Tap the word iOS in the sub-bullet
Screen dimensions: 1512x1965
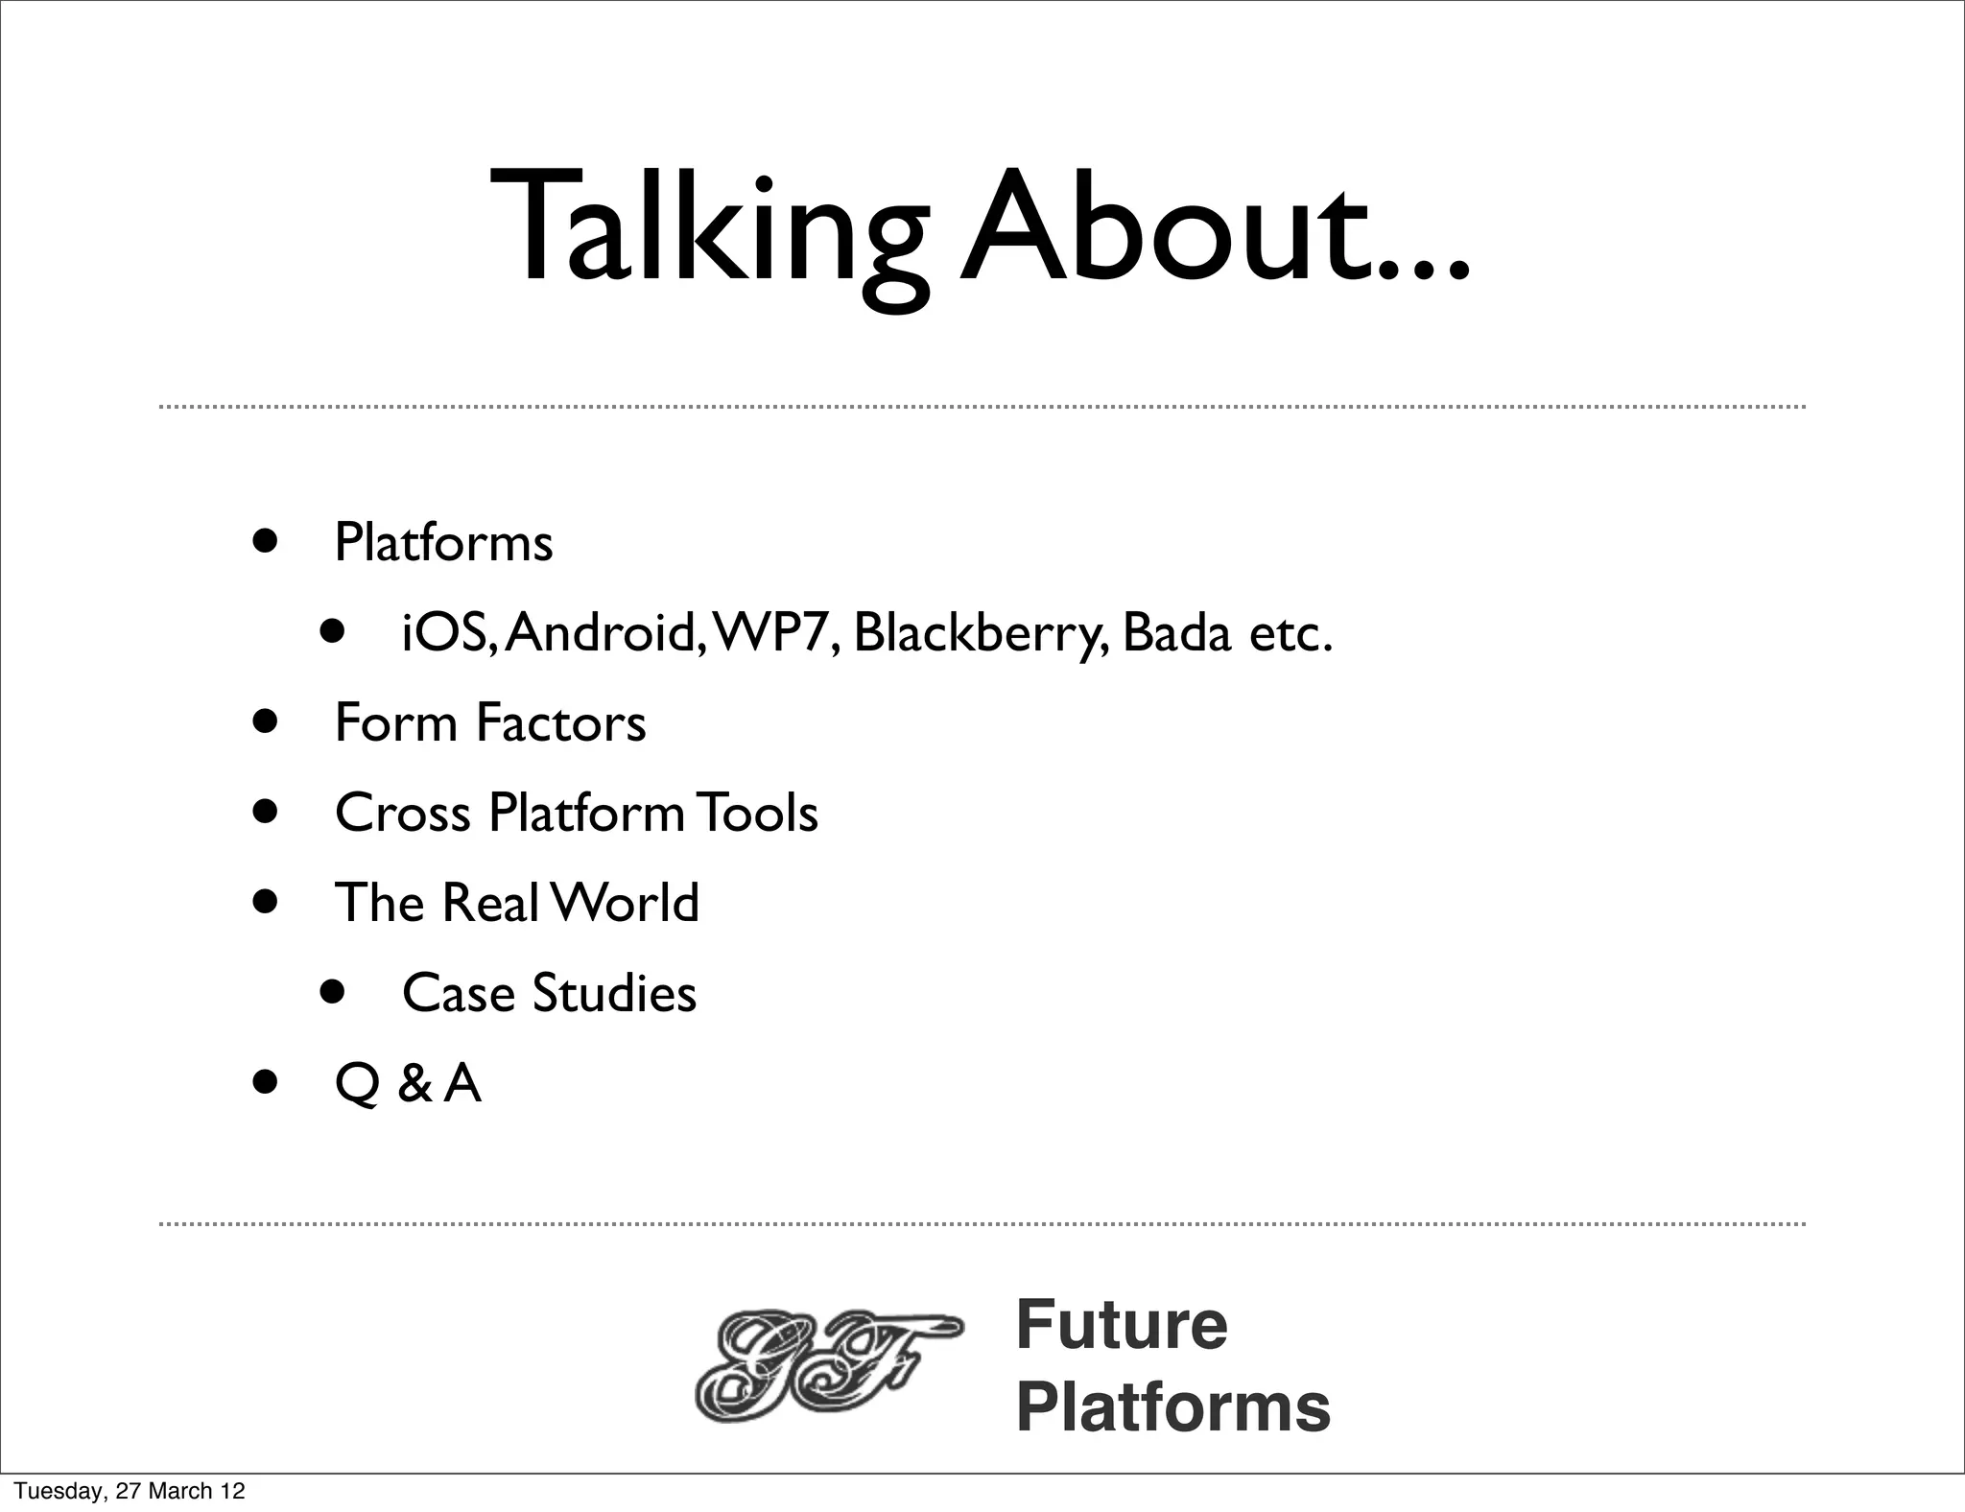[x=446, y=633]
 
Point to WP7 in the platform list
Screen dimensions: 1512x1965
[x=772, y=633]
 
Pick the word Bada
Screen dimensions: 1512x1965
[x=1176, y=633]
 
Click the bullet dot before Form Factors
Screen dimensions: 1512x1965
[x=266, y=721]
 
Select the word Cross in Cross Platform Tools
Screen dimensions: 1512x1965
[x=402, y=813]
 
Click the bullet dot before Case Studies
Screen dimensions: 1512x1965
[x=332, y=991]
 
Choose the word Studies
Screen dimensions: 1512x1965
[x=614, y=993]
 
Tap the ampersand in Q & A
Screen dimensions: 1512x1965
[x=414, y=1084]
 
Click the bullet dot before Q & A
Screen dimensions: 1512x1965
[x=266, y=1083]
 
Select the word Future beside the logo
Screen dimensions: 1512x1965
[x=1121, y=1325]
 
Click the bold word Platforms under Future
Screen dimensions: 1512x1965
[x=1172, y=1407]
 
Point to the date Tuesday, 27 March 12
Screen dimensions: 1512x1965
[x=130, y=1491]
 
